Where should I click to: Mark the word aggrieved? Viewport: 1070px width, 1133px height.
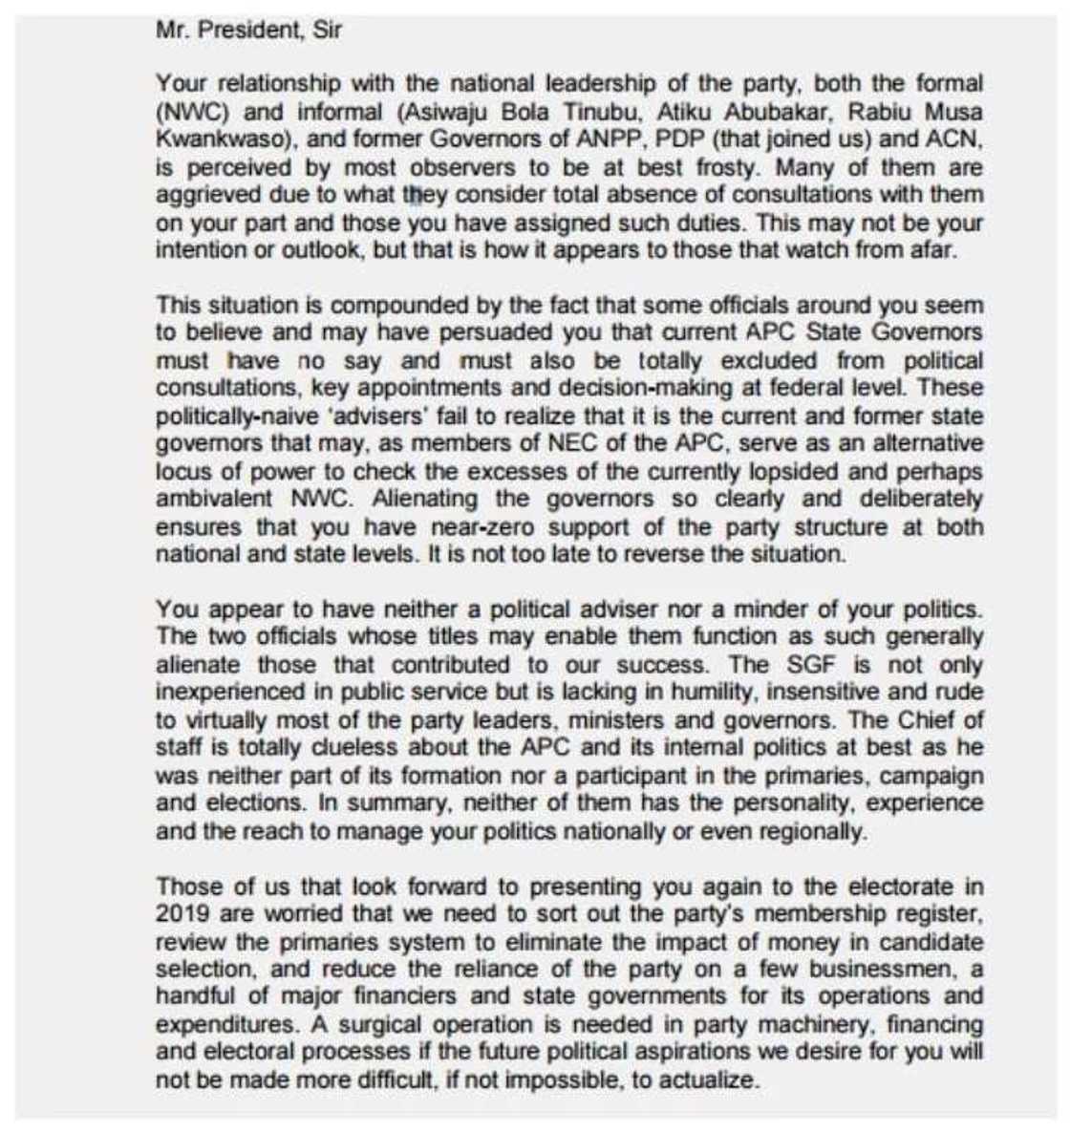pyautogui.click(x=206, y=195)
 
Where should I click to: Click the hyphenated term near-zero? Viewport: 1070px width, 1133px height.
pyautogui.click(x=464, y=527)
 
